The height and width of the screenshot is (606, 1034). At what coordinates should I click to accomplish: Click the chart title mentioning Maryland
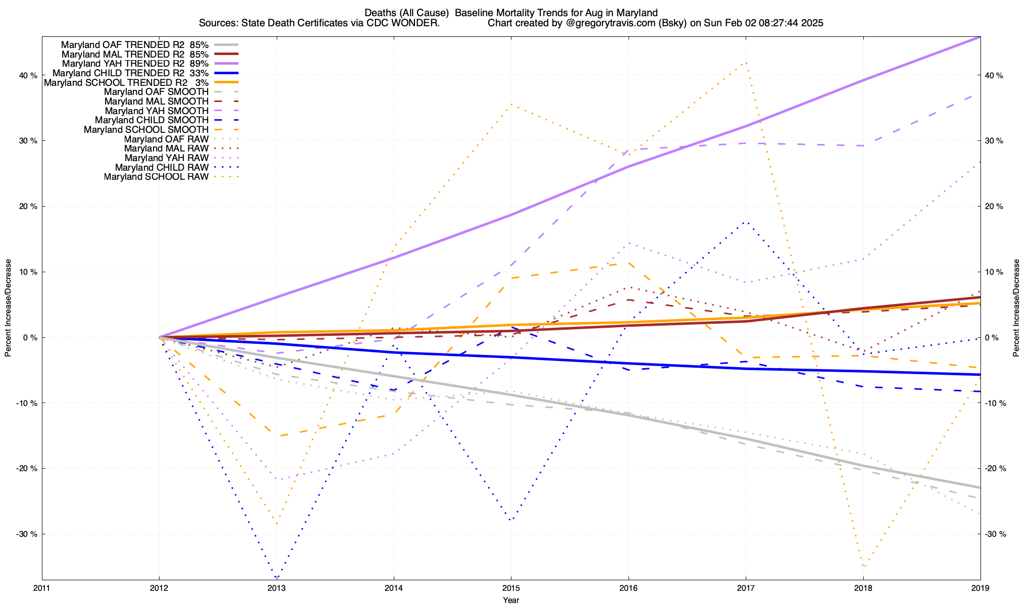pyautogui.click(x=511, y=13)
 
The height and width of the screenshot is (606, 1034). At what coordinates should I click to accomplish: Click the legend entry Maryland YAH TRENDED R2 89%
pyautogui.click(x=135, y=64)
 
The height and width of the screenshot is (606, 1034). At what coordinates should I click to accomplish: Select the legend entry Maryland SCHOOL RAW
pyautogui.click(x=156, y=177)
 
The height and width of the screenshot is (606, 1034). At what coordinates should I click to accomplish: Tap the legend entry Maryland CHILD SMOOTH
pyautogui.click(x=151, y=120)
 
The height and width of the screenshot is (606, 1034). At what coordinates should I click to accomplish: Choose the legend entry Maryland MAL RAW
pyautogui.click(x=166, y=148)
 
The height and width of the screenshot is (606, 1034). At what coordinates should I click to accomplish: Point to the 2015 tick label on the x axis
pyautogui.click(x=511, y=588)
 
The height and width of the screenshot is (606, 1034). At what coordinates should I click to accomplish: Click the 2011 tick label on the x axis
pyautogui.click(x=42, y=588)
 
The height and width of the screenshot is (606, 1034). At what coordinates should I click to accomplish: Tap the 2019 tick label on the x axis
pyautogui.click(x=980, y=588)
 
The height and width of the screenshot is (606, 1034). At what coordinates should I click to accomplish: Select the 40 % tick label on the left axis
pyautogui.click(x=28, y=76)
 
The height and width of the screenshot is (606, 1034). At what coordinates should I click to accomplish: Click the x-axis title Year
pyautogui.click(x=511, y=600)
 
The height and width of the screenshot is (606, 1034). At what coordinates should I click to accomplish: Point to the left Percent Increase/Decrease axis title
pyautogui.click(x=8, y=308)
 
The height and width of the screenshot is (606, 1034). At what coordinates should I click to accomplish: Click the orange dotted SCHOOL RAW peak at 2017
pyautogui.click(x=746, y=63)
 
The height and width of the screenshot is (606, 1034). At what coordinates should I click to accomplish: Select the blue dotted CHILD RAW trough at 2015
pyautogui.click(x=511, y=520)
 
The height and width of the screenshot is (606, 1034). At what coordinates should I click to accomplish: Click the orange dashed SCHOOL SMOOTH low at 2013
pyautogui.click(x=277, y=436)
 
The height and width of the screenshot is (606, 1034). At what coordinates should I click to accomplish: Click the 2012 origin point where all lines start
pyautogui.click(x=160, y=337)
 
